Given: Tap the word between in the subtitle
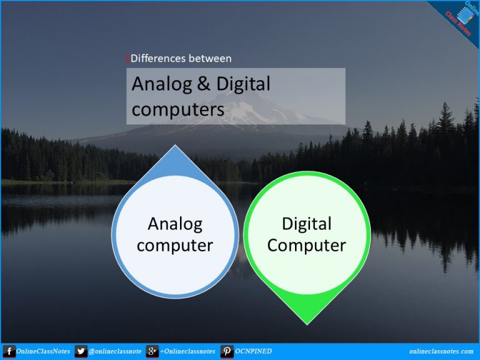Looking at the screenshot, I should pos(211,59).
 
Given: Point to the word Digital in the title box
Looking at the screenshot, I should pos(244,84).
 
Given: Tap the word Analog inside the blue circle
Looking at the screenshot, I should pos(175,224).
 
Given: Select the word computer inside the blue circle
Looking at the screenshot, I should pos(175,245).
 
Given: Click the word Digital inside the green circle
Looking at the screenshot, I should pos(306,224).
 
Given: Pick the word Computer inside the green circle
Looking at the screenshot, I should pos(306,245).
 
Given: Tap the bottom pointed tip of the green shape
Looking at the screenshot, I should pos(306,322).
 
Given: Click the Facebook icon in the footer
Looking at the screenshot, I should pos(9,351).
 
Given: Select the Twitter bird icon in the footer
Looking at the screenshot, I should pos(81,351).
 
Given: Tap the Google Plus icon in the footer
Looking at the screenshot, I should pos(152,351).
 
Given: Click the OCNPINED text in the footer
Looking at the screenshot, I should pos(254,351).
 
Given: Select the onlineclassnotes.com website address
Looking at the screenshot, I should pos(441,351).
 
